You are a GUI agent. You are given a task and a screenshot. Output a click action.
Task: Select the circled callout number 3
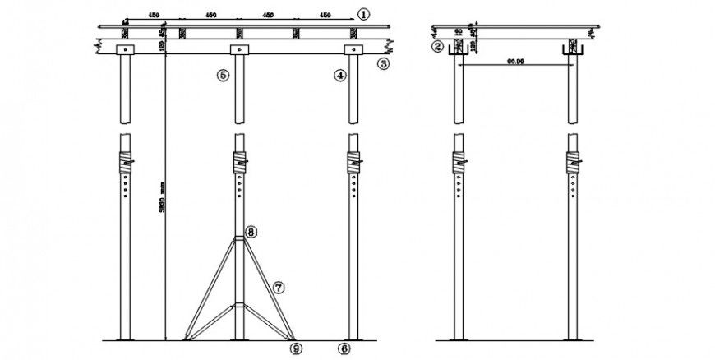click(383, 62)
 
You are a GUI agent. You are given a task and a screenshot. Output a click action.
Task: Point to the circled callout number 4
click(339, 75)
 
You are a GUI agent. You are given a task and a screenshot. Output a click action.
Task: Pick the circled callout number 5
click(223, 75)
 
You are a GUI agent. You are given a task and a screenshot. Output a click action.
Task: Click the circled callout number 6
click(344, 348)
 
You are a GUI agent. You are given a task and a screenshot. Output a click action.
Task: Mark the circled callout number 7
click(279, 287)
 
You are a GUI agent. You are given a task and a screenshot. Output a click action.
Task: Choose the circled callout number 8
click(251, 233)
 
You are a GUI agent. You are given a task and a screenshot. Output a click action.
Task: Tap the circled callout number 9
click(296, 348)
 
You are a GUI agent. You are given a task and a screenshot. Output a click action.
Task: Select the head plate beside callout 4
click(353, 51)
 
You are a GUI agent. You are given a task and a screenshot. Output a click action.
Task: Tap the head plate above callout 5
click(238, 51)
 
